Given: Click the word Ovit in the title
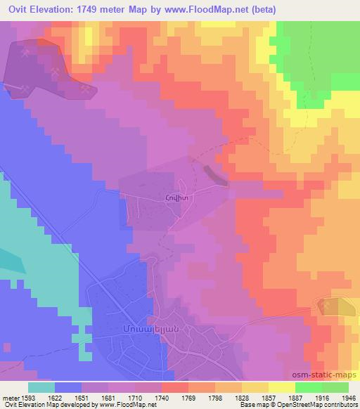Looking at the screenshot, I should point(18,10).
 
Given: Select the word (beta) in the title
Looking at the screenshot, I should point(257,10).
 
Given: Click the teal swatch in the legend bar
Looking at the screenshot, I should point(41,387).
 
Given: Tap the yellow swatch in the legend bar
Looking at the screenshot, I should point(281,387).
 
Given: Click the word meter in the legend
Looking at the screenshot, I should point(11,398).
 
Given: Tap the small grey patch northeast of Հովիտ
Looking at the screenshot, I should point(215,175).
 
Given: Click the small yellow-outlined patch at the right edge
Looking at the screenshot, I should point(336,306).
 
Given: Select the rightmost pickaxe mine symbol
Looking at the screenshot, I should point(86,89).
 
